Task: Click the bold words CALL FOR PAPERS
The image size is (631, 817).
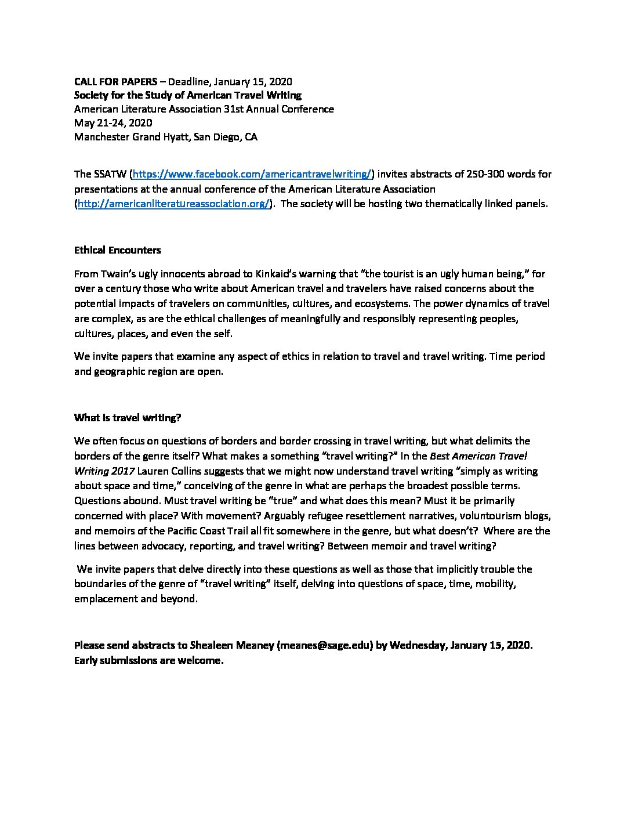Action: coord(115,82)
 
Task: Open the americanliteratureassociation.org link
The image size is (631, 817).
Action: coord(173,204)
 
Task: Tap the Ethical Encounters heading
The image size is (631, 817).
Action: coord(118,250)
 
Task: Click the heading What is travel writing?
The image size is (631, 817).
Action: coord(128,418)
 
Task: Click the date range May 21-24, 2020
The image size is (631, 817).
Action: coord(113,123)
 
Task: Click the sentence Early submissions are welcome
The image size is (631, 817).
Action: coord(148,660)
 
